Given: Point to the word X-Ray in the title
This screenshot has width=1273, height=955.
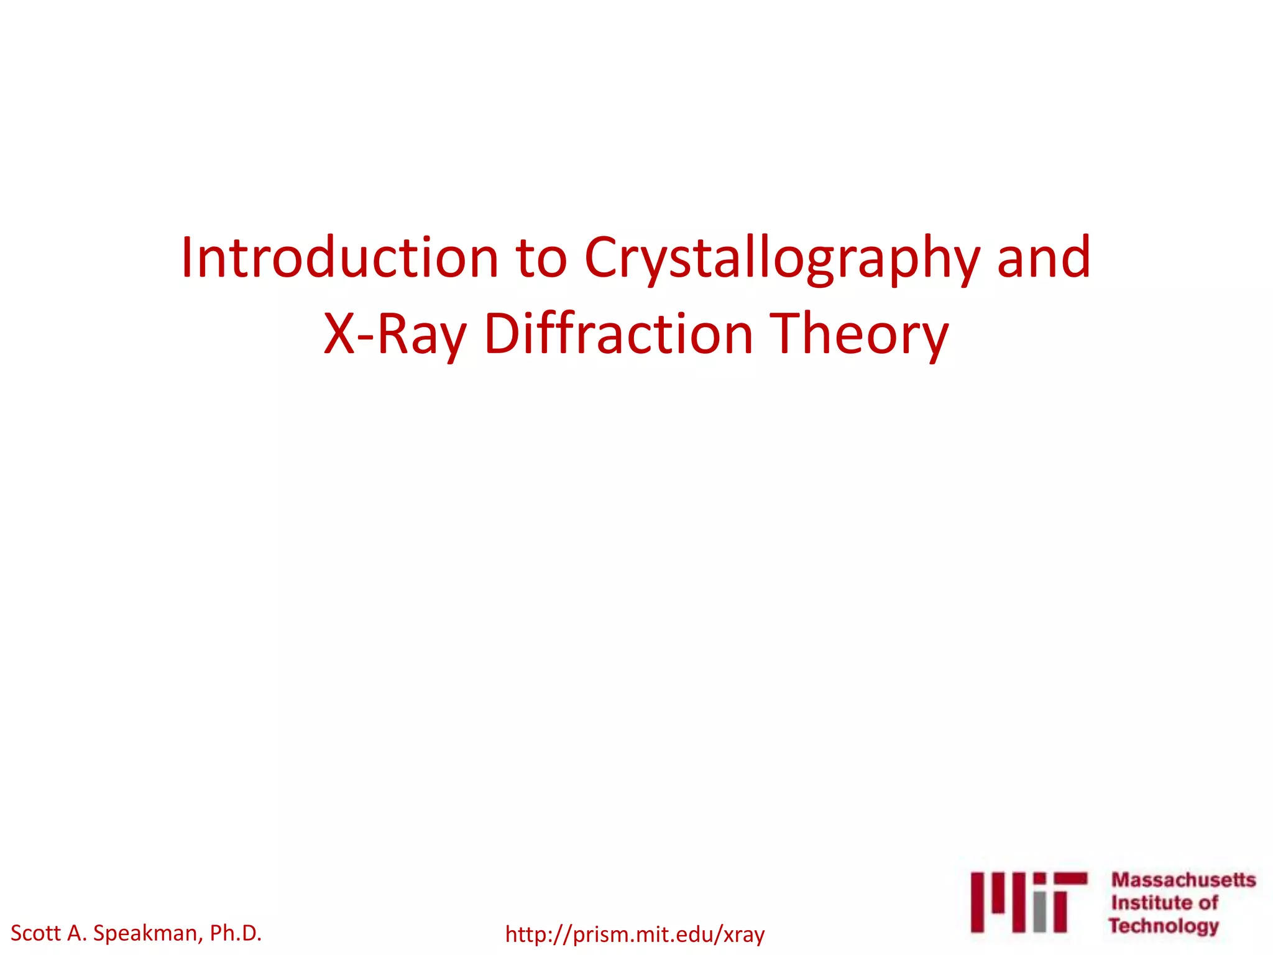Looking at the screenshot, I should [x=395, y=334].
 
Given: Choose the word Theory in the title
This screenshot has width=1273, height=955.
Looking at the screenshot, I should [x=859, y=334].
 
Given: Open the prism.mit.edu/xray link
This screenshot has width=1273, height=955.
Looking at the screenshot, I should [x=635, y=934].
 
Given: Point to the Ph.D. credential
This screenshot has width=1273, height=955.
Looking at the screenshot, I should [x=236, y=933].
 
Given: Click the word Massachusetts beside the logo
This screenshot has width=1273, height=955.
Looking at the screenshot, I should [x=1183, y=880].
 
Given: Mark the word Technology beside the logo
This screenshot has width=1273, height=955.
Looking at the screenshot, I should [x=1163, y=926].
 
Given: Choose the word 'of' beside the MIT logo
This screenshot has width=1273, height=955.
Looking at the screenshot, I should [x=1208, y=902].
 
